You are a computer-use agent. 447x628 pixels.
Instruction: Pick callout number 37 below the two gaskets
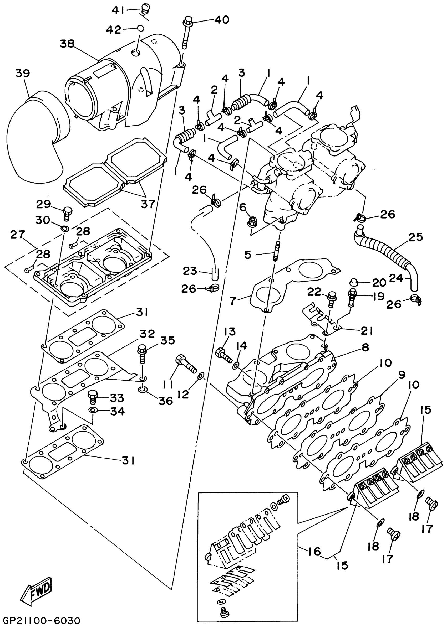coord(148,204)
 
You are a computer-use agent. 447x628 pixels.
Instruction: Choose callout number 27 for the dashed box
coord(18,235)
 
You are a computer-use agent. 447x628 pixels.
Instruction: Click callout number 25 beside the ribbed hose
coord(416,237)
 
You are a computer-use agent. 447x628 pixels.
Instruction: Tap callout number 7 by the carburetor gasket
coord(233,301)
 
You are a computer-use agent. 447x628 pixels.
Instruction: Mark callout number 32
coord(147,334)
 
